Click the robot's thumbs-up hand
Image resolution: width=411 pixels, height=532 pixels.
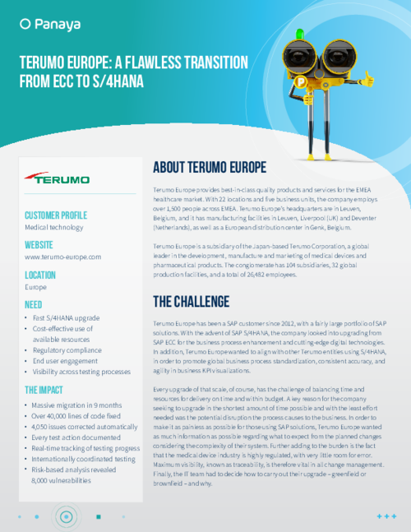[x=367, y=79]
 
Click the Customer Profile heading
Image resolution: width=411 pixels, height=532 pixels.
[x=62, y=216]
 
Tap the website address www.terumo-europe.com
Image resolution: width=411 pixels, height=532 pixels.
[x=62, y=257]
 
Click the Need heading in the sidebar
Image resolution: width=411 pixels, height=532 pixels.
[x=34, y=304]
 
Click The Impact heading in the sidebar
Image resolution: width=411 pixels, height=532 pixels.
[x=48, y=390]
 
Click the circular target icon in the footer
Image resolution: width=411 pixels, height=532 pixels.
[x=65, y=516]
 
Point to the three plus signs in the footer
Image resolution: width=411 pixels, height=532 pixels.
[x=386, y=516]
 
